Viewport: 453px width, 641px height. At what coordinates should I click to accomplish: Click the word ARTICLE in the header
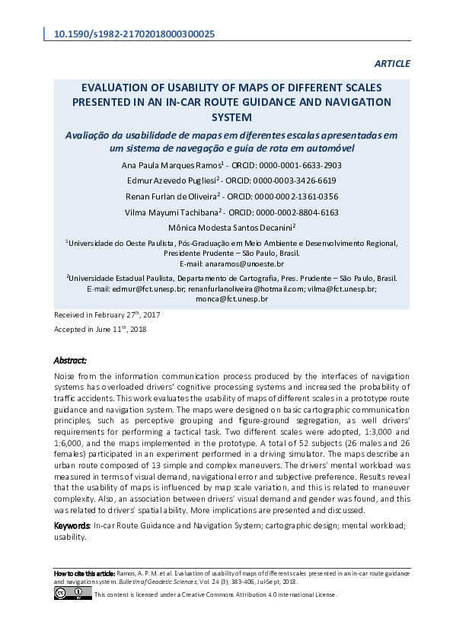392,64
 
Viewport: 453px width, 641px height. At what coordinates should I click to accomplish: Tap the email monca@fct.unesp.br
231,299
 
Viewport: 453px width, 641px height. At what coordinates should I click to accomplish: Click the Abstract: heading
70,360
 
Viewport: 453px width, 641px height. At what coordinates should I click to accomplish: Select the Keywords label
72,525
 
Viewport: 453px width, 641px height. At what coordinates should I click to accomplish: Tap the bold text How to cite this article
84,572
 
